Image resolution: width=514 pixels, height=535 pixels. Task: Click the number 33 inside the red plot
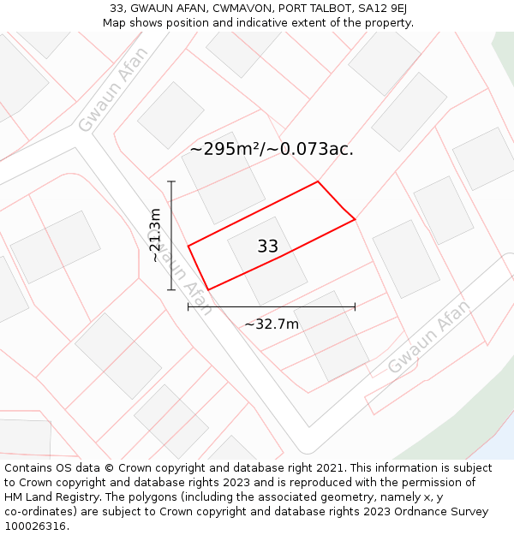(267, 247)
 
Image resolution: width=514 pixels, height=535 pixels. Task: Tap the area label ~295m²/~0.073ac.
(272, 149)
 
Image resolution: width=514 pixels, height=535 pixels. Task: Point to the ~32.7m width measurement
(272, 324)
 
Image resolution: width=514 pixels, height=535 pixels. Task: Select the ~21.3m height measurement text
(155, 235)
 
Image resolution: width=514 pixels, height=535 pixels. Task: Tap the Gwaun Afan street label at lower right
(428, 337)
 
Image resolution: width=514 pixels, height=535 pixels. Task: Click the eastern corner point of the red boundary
(355, 220)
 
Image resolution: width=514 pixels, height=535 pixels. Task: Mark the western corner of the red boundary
(188, 246)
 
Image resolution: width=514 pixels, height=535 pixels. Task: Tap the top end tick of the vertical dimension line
(171, 181)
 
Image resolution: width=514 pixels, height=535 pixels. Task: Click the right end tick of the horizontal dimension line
(355, 306)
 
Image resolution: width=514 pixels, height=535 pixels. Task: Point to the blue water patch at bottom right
(499, 447)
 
